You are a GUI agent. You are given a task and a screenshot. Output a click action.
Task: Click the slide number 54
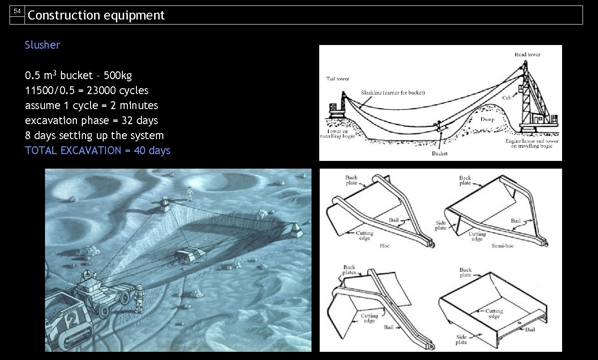tap(17, 11)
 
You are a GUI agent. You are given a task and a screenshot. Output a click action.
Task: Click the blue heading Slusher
tap(42, 45)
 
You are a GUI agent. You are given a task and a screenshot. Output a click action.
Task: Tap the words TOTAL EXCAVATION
tap(73, 150)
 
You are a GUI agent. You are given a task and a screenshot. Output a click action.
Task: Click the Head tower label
tap(527, 55)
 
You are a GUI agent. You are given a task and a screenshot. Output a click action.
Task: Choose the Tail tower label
tap(337, 79)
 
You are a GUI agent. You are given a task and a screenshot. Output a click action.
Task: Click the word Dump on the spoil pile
tap(487, 119)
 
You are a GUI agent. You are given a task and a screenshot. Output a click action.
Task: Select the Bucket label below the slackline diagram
tap(439, 154)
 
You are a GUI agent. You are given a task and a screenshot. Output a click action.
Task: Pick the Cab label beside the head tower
tap(507, 98)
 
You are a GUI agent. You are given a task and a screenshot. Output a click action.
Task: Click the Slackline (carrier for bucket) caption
tap(393, 93)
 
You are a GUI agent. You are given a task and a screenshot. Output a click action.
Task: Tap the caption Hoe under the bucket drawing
tap(384, 246)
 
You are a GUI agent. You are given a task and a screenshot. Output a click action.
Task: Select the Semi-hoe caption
tap(503, 246)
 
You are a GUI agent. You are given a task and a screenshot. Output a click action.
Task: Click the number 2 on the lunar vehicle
tap(72, 320)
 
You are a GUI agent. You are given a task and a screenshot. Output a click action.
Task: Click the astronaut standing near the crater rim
tap(190, 194)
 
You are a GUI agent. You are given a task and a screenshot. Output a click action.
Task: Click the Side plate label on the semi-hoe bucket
tap(441, 225)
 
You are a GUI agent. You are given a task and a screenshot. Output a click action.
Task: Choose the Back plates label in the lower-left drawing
tap(349, 270)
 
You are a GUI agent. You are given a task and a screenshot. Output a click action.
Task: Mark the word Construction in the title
tap(64, 15)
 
